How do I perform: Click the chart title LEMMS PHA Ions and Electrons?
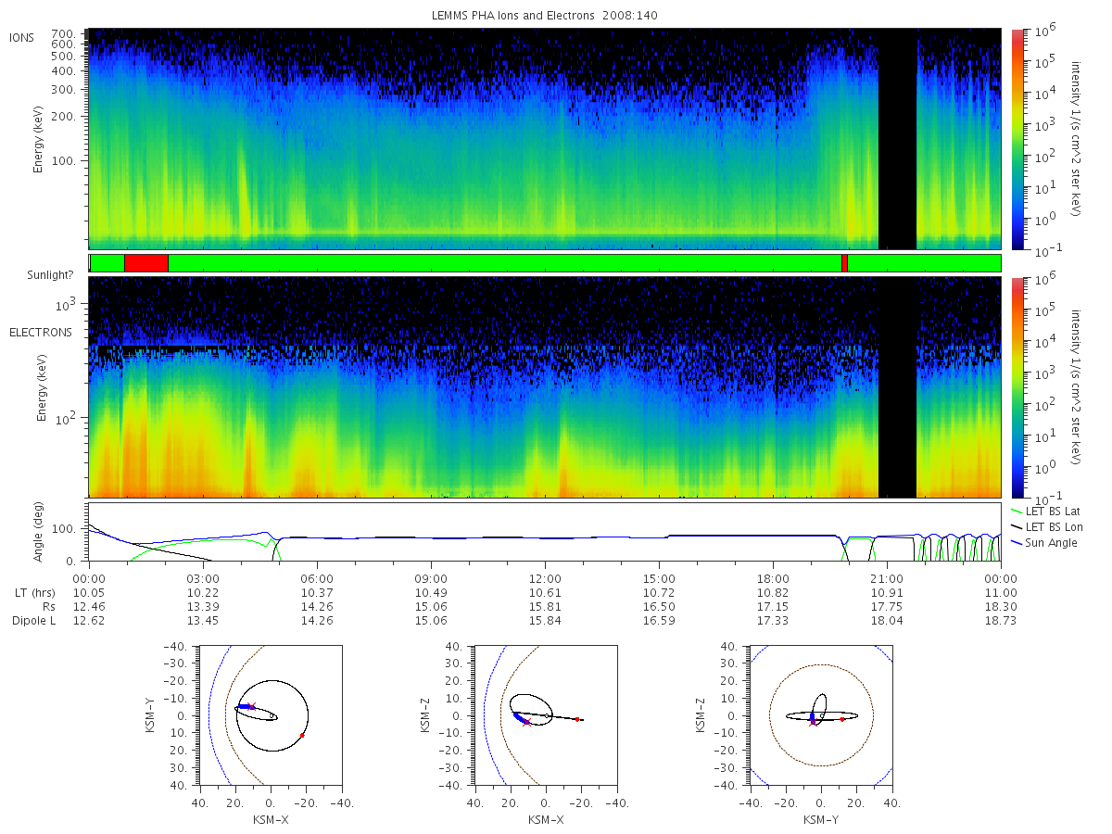coord(512,16)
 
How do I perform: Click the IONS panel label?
coord(21,38)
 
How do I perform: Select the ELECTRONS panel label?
coord(41,333)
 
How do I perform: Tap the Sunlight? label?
coord(50,275)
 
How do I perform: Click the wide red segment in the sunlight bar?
coord(146,263)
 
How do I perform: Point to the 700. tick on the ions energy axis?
coord(64,33)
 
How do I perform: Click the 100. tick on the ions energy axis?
coord(64,161)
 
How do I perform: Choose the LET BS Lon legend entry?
coord(1046,527)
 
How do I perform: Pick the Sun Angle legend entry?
coord(1043,543)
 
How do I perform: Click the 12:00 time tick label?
coord(545,579)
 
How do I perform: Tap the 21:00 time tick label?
coord(887,579)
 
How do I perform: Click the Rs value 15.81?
coord(545,607)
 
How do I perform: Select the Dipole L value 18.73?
coord(1001,621)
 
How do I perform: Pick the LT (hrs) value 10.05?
coord(89,593)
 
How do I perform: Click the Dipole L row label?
coord(34,621)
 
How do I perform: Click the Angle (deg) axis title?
coord(38,532)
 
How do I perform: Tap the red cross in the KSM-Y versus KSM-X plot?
coord(252,706)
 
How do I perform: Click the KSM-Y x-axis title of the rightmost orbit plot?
coord(821,820)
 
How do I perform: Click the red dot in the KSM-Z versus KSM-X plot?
coord(577,719)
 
